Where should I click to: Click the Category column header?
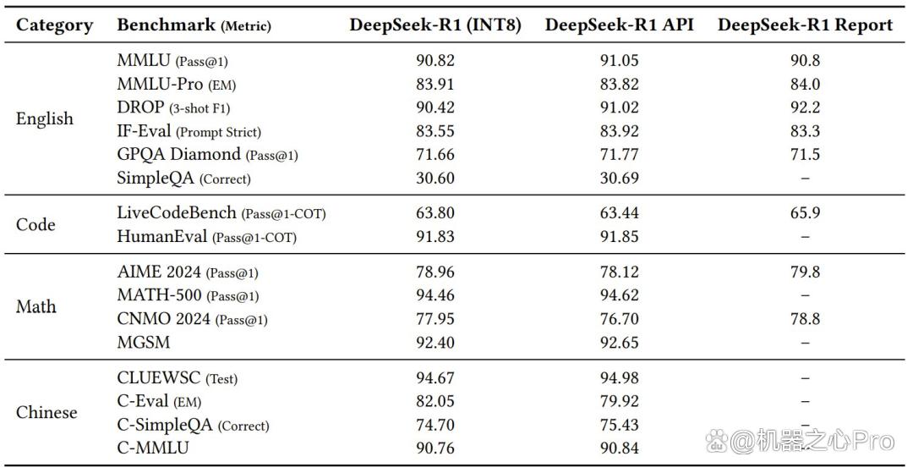pyautogui.click(x=54, y=25)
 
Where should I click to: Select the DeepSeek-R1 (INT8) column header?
pyautogui.click(x=435, y=25)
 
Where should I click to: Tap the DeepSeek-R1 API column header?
pyautogui.click(x=619, y=25)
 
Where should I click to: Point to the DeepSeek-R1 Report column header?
pyautogui.click(x=806, y=25)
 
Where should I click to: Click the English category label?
pyautogui.click(x=45, y=118)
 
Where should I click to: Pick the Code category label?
pyautogui.click(x=36, y=225)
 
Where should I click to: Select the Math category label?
pyautogui.click(x=36, y=307)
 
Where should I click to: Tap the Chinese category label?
pyautogui.click(x=46, y=412)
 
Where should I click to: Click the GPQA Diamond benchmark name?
pyautogui.click(x=178, y=154)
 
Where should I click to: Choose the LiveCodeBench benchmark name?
pyautogui.click(x=177, y=213)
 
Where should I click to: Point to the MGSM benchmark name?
pyautogui.click(x=144, y=343)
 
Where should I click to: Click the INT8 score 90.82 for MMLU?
pyautogui.click(x=435, y=61)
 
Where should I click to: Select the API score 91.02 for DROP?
pyautogui.click(x=619, y=107)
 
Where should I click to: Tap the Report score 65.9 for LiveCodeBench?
pyautogui.click(x=806, y=213)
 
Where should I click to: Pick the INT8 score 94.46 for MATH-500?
pyautogui.click(x=435, y=296)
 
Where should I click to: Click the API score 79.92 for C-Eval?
pyautogui.click(x=619, y=402)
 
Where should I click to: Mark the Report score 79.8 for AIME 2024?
pyautogui.click(x=806, y=272)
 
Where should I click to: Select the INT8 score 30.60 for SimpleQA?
pyautogui.click(x=435, y=179)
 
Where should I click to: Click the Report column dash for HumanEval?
pyautogui.click(x=806, y=237)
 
